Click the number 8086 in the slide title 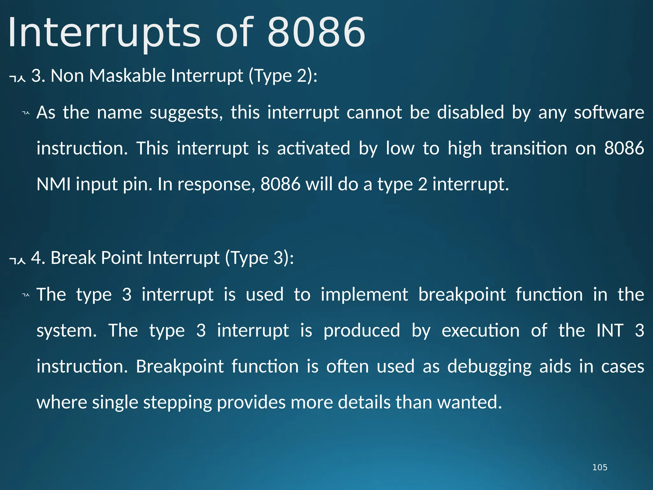316,33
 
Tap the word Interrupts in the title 104,33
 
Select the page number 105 599,467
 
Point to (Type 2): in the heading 283,76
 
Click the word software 609,113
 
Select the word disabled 470,112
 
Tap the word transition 529,148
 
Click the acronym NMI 54,184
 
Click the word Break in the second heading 73,258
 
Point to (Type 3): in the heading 259,258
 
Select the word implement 364,295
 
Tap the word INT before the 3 610,330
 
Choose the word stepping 177,403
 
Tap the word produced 362,331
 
